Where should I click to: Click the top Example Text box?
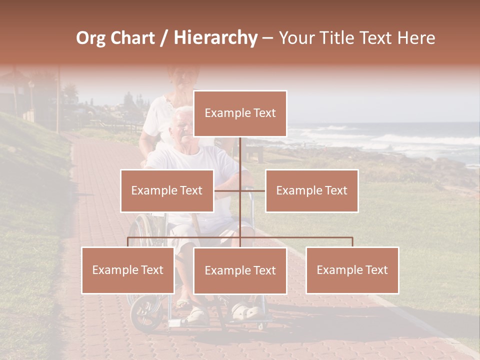point(240,113)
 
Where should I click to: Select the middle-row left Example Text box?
point(167,190)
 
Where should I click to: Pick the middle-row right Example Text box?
point(311,190)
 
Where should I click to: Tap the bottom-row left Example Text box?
point(128,270)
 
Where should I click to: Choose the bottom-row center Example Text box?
point(240,270)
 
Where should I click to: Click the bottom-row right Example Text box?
point(352,270)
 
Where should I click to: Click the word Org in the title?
point(90,38)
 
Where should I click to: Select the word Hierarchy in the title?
point(215,38)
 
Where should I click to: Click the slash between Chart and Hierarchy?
point(164,38)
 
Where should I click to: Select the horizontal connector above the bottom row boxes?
point(300,237)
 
